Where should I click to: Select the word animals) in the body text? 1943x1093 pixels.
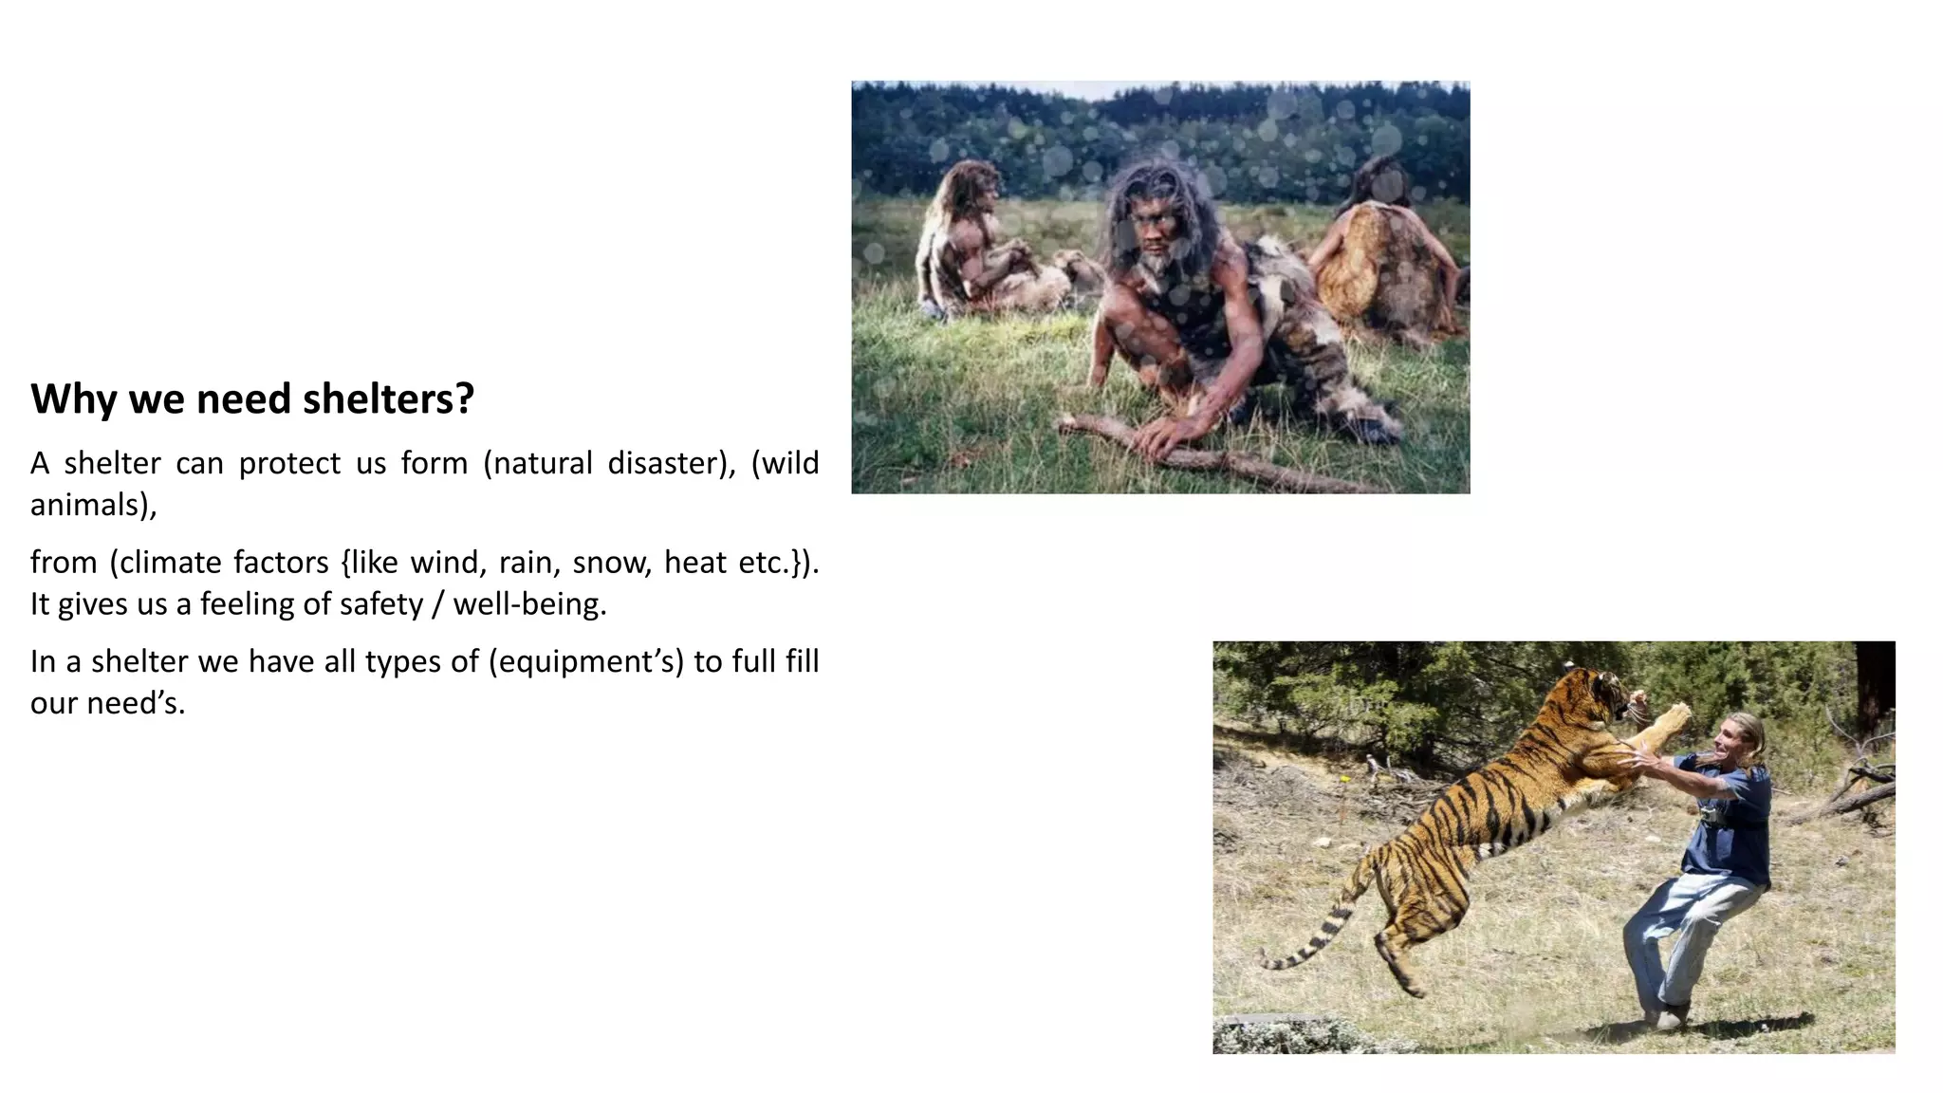point(93,505)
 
